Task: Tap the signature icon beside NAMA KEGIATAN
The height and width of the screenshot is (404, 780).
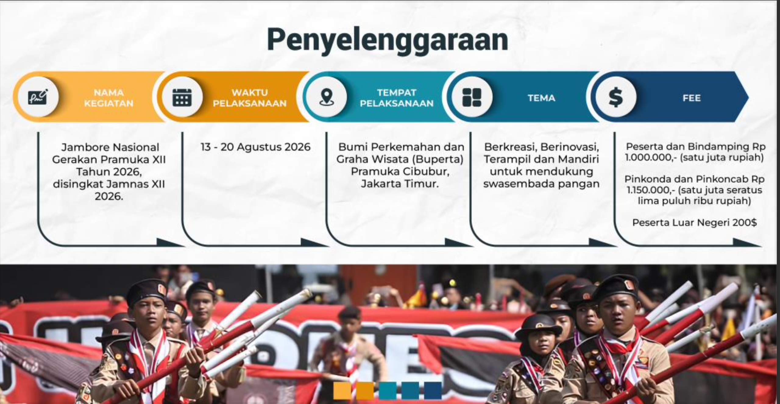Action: coord(38,97)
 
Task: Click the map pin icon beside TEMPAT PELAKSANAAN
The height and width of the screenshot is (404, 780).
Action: coord(326,97)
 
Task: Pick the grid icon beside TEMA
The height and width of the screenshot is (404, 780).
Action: coord(472,98)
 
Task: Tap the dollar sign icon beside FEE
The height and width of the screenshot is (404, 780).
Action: coord(616,97)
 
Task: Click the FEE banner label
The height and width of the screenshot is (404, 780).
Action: coord(692,98)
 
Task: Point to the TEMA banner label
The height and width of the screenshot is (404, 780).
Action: coord(541,98)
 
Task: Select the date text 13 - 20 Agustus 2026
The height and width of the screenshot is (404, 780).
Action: coord(255,147)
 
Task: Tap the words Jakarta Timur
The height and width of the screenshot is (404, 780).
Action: coord(399,184)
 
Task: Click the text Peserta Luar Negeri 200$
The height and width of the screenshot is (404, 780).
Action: coord(694,223)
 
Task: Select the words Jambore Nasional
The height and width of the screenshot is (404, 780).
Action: coord(110,147)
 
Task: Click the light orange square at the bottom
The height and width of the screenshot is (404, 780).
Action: coord(342,390)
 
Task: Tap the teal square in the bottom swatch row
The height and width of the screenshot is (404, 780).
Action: coord(388,390)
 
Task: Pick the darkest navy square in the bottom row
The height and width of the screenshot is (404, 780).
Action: coord(433,390)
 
